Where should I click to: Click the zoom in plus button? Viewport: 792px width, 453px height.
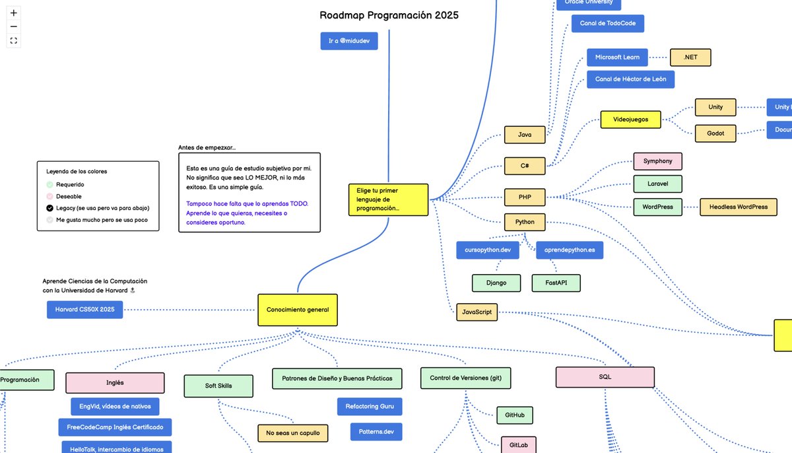coord(14,13)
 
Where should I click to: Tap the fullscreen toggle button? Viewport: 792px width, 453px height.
coord(14,41)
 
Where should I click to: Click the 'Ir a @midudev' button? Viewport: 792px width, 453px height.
coord(348,41)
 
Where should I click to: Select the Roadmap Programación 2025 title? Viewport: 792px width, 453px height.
coord(389,15)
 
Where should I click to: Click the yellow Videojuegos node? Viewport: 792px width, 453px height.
coord(630,120)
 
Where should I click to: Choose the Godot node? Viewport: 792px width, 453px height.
coord(715,133)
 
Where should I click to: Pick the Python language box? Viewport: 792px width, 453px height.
coord(525,222)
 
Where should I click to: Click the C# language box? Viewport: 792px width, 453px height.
coord(525,166)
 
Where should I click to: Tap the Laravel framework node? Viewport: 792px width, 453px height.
coord(657,184)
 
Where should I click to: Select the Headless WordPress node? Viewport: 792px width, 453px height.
coord(738,207)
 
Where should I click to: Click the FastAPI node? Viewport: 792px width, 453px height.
coord(556,283)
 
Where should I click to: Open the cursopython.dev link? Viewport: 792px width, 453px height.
coord(488,250)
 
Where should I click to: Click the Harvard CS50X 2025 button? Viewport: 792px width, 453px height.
coord(84,309)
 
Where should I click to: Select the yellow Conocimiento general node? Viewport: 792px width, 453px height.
coord(297,310)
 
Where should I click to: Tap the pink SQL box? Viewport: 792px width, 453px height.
coord(605,377)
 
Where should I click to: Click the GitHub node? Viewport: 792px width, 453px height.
coord(514,415)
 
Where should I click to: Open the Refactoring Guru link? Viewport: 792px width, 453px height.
coord(369,406)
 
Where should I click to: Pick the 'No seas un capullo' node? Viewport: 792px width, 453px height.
coord(292,433)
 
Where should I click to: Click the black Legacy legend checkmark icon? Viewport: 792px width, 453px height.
coord(49,208)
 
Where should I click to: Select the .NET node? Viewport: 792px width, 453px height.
coord(690,57)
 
